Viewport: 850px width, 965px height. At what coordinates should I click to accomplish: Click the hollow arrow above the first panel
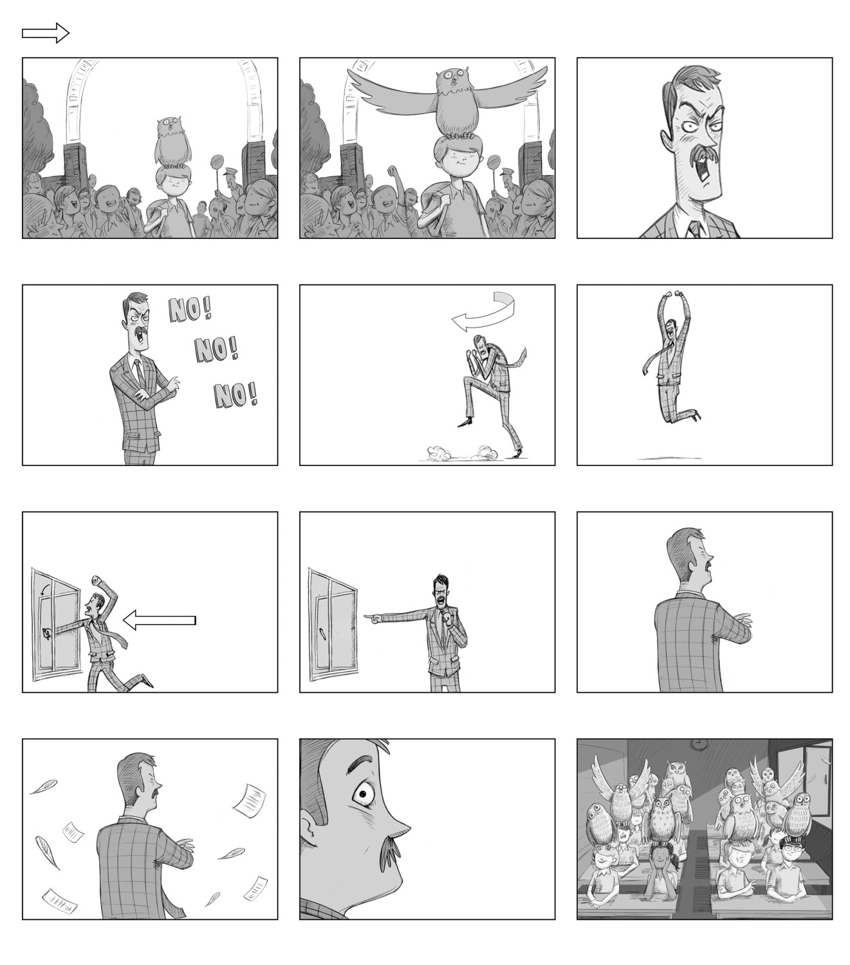[x=46, y=33]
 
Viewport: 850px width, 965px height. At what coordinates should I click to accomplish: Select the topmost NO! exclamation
[x=190, y=310]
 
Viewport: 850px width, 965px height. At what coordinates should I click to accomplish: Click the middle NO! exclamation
[x=217, y=349]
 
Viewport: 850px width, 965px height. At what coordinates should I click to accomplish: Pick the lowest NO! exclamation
[x=236, y=395]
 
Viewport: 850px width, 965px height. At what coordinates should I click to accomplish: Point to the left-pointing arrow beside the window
[x=159, y=620]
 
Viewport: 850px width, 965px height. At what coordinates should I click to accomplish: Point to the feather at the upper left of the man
[x=43, y=787]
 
